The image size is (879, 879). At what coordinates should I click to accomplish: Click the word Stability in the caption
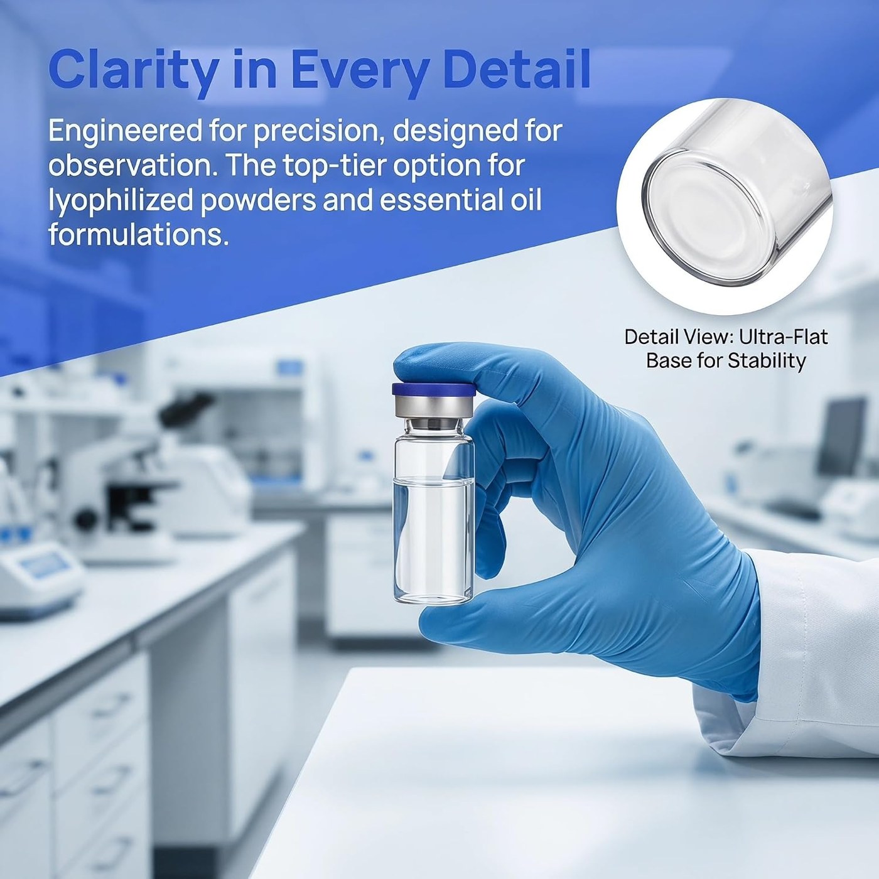(x=767, y=361)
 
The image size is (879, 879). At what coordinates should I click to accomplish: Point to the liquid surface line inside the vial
(x=433, y=480)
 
